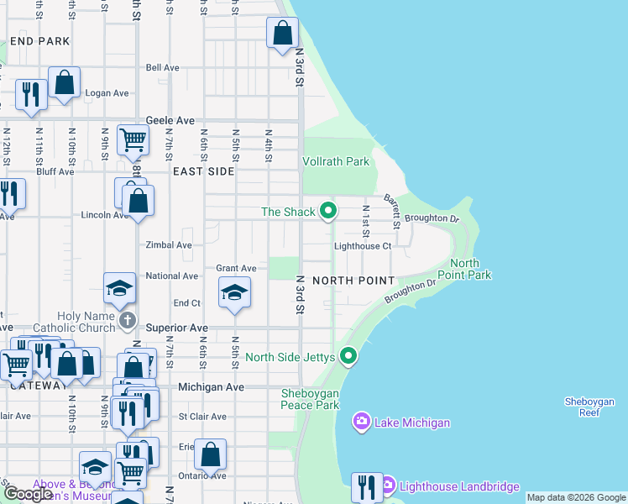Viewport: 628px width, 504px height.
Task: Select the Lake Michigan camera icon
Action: pos(362,422)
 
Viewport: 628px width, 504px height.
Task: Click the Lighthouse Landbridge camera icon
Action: pos(388,486)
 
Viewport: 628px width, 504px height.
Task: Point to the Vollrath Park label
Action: pos(336,161)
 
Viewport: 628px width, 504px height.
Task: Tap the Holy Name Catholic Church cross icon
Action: pos(127,320)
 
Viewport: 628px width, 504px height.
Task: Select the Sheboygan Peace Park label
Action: pos(311,399)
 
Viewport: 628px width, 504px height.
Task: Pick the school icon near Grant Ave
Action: pos(234,293)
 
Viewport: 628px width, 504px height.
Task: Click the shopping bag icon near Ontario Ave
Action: pos(211,454)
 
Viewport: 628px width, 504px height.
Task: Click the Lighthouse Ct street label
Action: pos(363,246)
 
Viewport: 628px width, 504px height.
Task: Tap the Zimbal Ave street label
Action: pos(169,245)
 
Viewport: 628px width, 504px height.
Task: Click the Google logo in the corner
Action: pos(28,494)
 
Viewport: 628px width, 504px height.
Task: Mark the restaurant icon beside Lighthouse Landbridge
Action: pos(367,486)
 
